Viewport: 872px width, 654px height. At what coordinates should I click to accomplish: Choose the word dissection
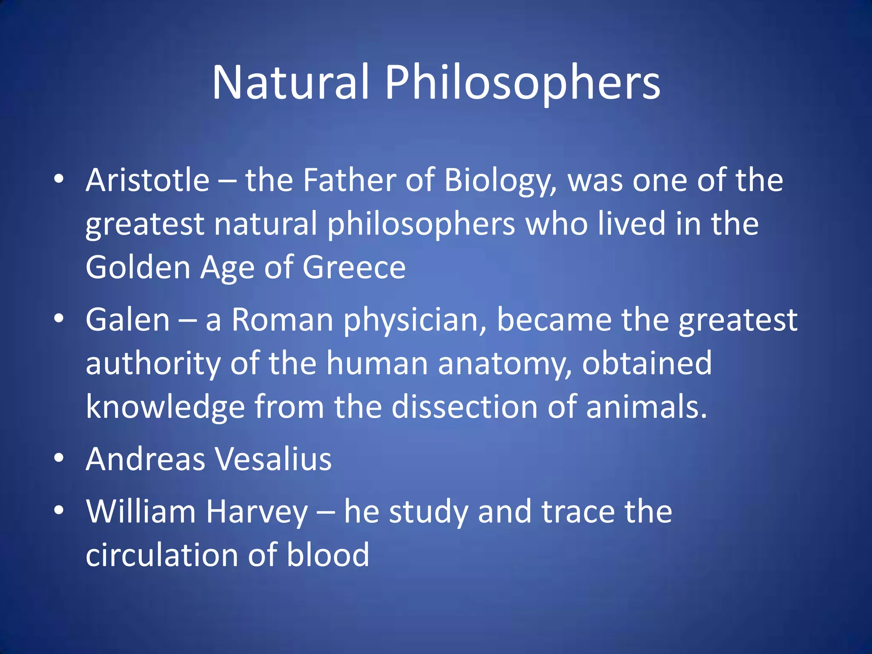pyautogui.click(x=465, y=407)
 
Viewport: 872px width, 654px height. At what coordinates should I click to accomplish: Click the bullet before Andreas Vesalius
pyautogui.click(x=59, y=458)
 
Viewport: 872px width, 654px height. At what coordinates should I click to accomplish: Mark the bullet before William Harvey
pyautogui.click(x=59, y=511)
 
